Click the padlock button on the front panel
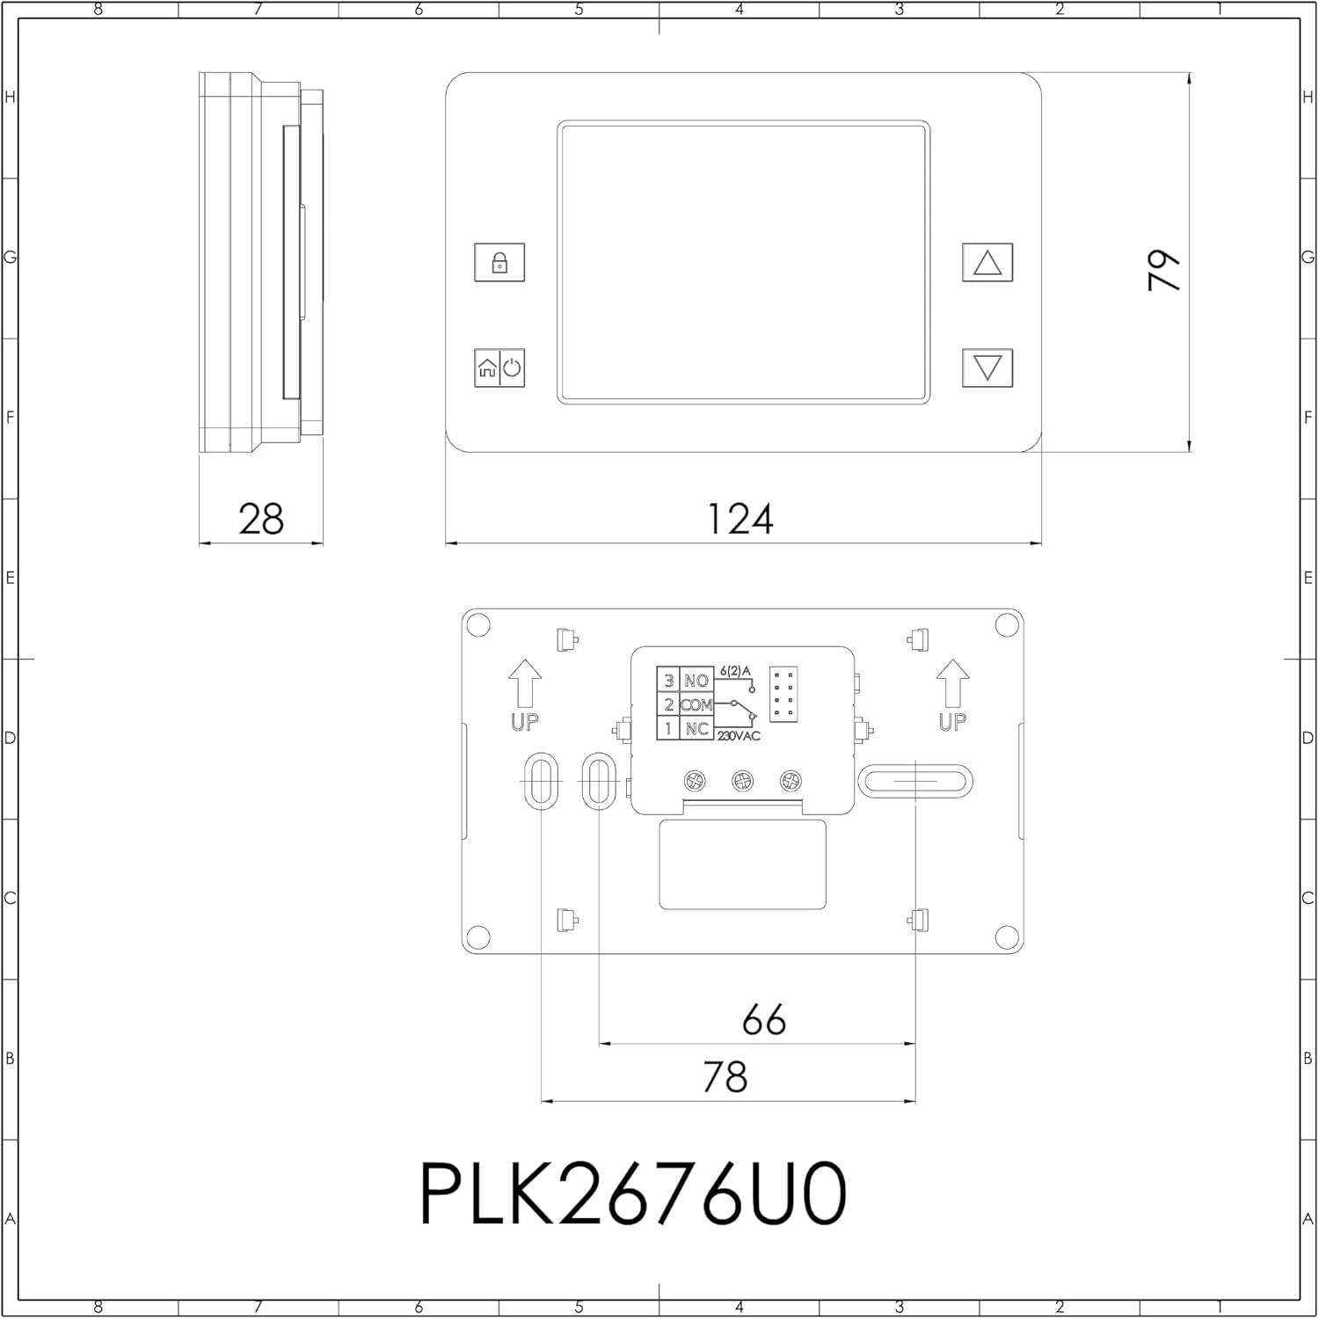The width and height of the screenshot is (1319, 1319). point(499,262)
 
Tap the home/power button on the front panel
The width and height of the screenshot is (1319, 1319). point(499,368)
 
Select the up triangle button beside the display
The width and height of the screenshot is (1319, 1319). point(987,262)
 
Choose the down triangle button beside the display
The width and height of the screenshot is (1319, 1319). point(987,368)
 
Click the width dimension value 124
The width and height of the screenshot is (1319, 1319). point(740,519)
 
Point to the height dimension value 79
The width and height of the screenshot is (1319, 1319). point(1165,270)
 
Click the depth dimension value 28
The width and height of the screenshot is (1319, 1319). point(261,519)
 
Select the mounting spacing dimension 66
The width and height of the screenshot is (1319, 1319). point(763,1020)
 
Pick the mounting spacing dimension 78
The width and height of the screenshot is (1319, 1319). point(725,1076)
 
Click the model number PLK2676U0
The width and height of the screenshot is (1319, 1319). point(633,1193)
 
